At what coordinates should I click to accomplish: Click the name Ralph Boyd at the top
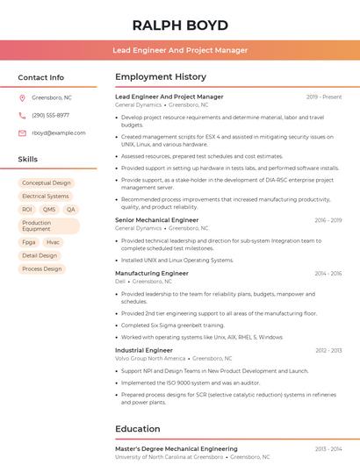[180, 25]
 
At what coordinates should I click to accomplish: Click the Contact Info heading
[40, 77]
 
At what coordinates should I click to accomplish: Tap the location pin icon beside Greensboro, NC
[22, 97]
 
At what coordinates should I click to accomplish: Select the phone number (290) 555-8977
[50, 115]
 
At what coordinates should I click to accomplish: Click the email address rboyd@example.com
[53, 132]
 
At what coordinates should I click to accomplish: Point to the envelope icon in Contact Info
[22, 132]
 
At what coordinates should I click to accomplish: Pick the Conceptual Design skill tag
[47, 183]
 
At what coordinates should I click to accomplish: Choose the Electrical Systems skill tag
[46, 197]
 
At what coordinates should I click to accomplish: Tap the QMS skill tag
[49, 210]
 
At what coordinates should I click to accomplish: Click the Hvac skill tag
[53, 242]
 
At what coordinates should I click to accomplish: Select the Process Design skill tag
[42, 268]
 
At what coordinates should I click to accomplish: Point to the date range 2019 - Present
[324, 97]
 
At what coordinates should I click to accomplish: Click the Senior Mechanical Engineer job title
[156, 220]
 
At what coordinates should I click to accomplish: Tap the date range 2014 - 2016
[328, 274]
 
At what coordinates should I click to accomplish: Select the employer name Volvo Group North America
[150, 358]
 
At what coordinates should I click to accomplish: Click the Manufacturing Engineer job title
[151, 274]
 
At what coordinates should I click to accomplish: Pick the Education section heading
[137, 429]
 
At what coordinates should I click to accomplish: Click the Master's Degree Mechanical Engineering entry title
[176, 448]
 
